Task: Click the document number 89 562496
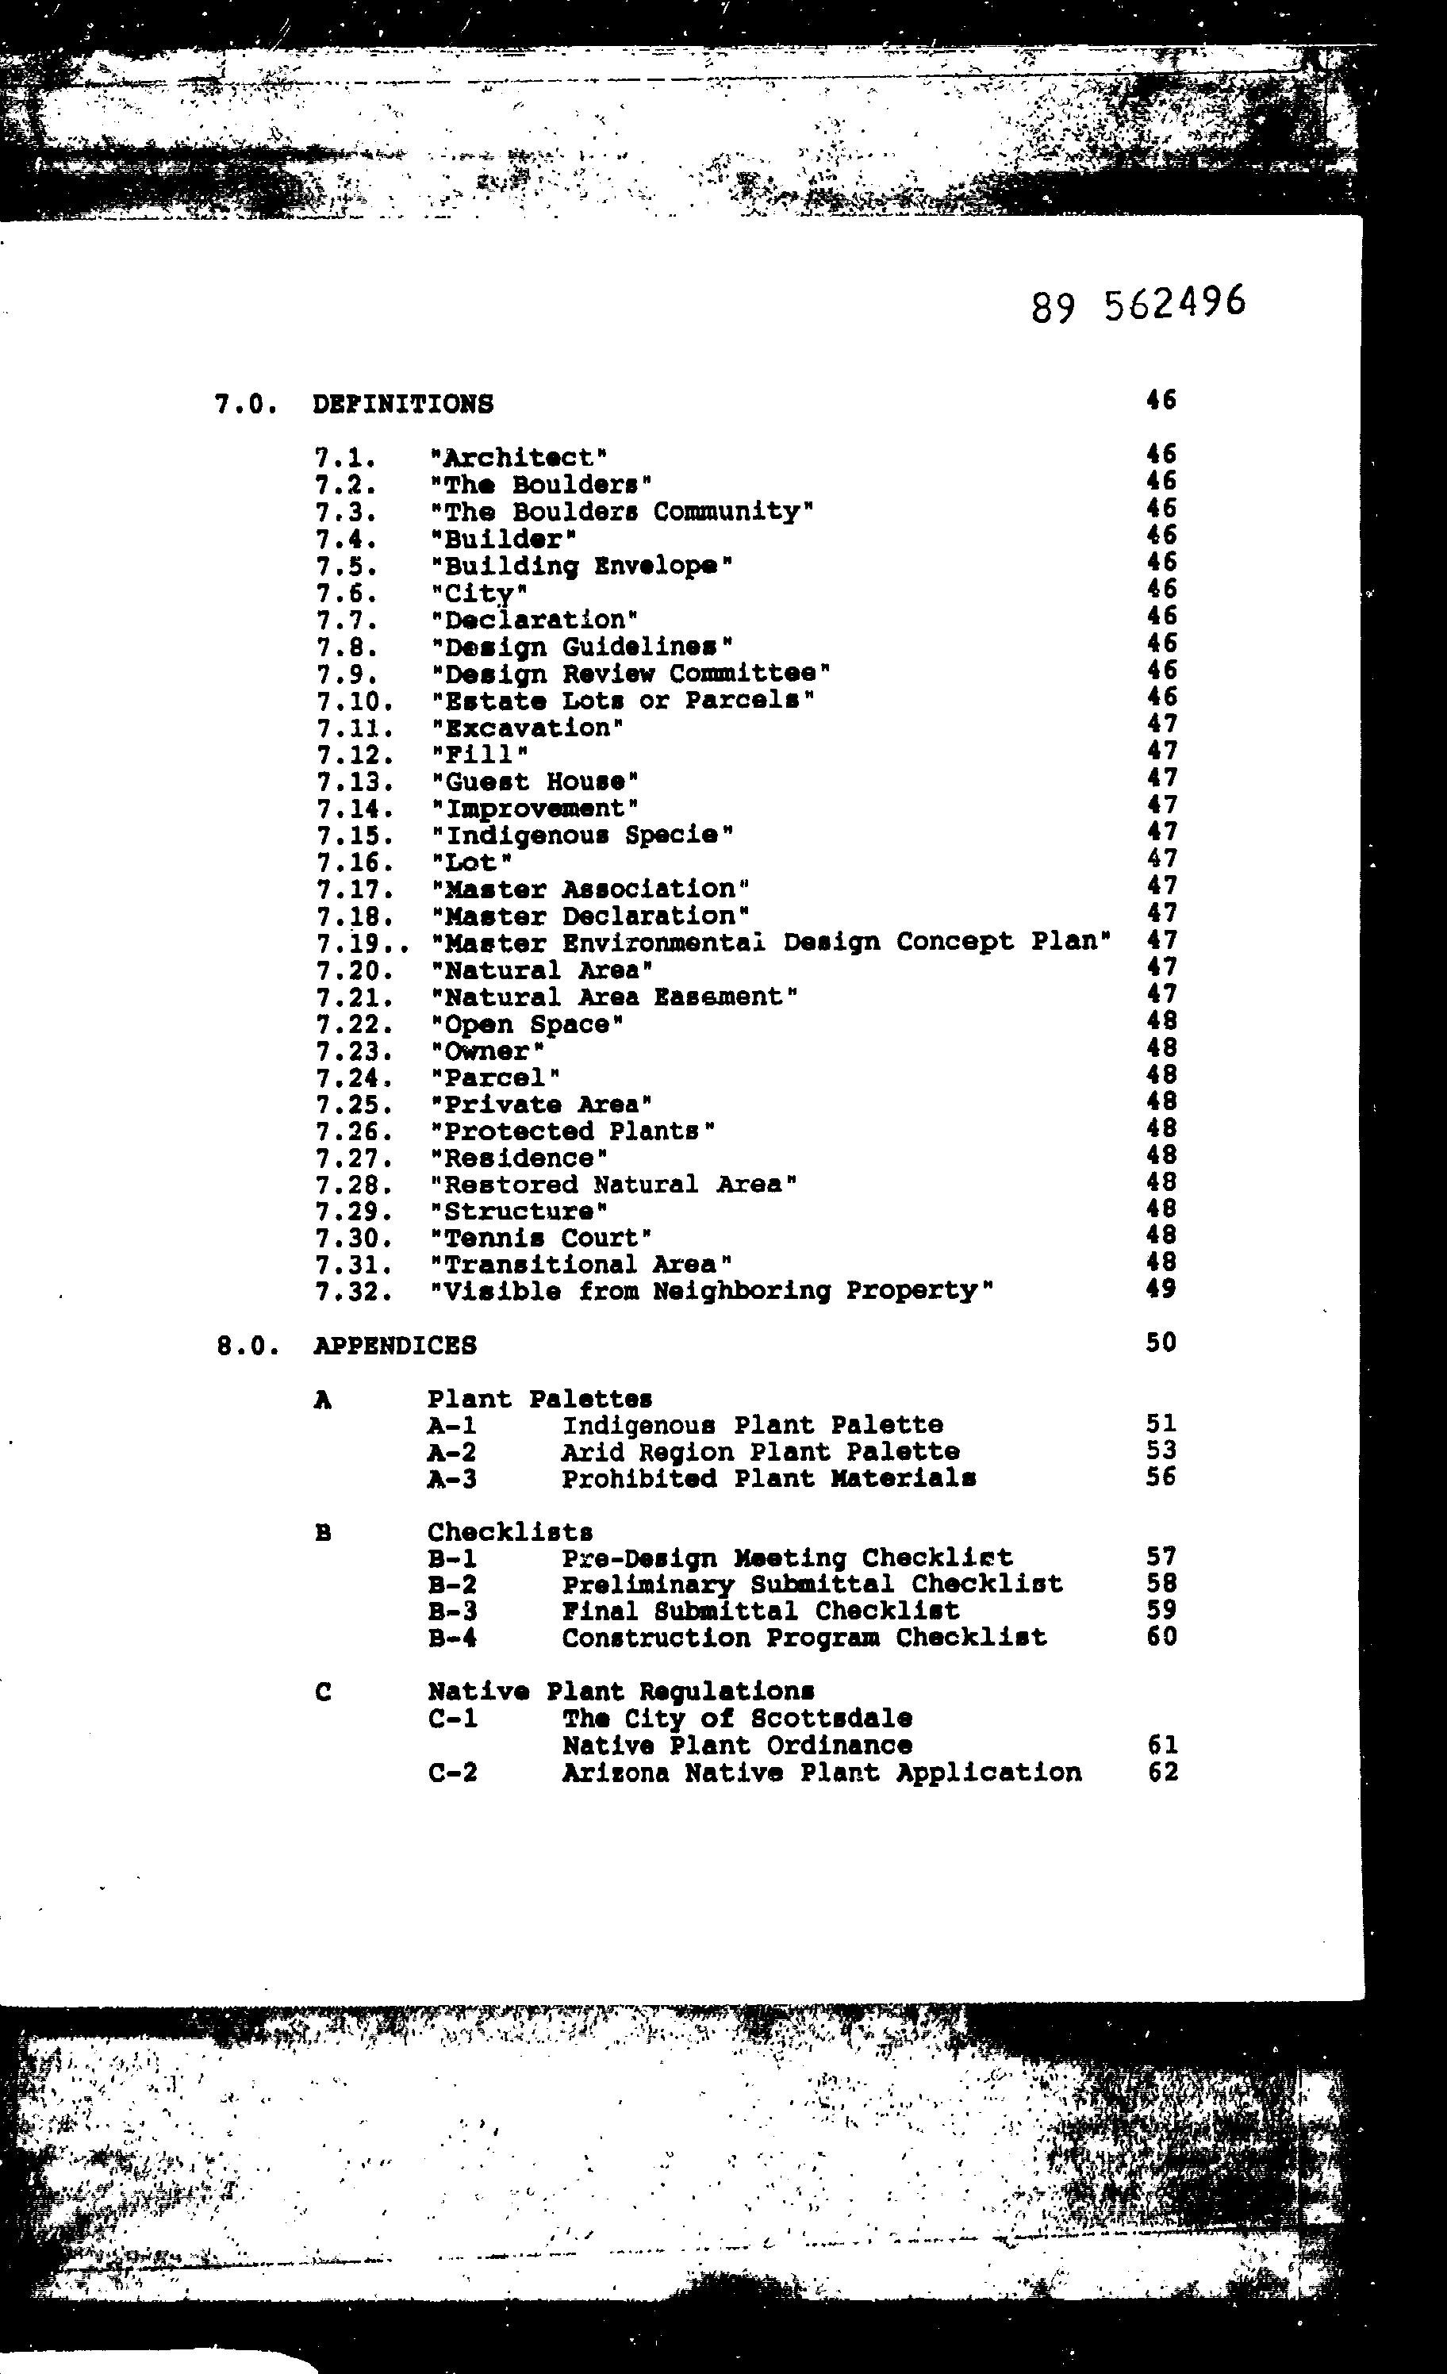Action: pos(1138,305)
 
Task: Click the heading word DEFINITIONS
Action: pos(403,404)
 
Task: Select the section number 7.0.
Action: pos(247,405)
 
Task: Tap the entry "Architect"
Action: pos(518,458)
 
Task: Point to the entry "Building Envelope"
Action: pos(581,566)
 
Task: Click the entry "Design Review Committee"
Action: pos(630,674)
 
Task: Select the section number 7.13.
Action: pos(355,782)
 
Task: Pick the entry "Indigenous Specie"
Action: pos(581,836)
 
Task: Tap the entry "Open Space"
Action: pos(527,1024)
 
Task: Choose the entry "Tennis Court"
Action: pos(541,1238)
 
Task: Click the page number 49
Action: pos(1161,1289)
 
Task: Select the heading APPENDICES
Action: pos(395,1345)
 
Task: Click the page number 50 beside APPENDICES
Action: pos(1161,1343)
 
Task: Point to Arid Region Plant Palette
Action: pos(760,1452)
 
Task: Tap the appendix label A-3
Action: pos(452,1479)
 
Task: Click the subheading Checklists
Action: pos(509,1532)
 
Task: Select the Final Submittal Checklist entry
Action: pos(760,1611)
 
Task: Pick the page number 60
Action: pos(1162,1636)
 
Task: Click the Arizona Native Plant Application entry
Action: pos(821,1773)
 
